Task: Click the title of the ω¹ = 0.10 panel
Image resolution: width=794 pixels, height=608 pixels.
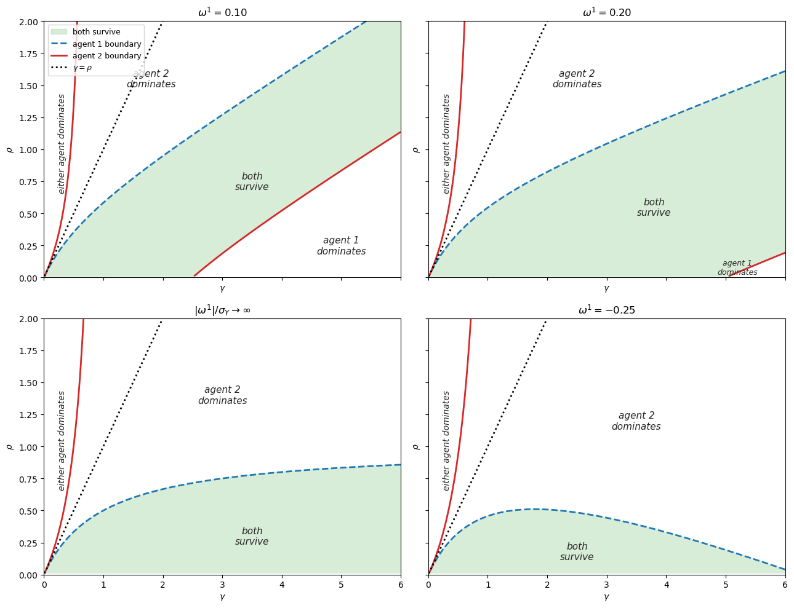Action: pyautogui.click(x=222, y=13)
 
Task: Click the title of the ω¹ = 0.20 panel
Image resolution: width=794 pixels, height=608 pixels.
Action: pyautogui.click(x=606, y=13)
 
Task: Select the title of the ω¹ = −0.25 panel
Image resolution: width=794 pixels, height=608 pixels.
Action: pyautogui.click(x=606, y=310)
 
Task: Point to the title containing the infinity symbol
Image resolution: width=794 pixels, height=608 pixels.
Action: pyautogui.click(x=222, y=310)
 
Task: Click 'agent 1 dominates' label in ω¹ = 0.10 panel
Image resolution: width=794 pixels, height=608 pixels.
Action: pyautogui.click(x=341, y=246)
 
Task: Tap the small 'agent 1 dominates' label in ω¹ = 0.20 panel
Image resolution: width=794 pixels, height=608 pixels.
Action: pyautogui.click(x=737, y=267)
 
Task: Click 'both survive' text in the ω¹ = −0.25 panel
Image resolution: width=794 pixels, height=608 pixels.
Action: pyautogui.click(x=577, y=551)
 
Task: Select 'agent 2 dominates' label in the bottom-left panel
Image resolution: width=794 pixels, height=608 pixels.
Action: pyautogui.click(x=222, y=395)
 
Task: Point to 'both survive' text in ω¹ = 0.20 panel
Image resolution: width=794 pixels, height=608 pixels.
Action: pyautogui.click(x=654, y=207)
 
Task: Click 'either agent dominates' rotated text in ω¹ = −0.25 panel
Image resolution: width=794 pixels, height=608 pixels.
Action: pyautogui.click(x=446, y=440)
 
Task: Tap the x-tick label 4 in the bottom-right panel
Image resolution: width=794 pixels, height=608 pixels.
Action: pyautogui.click(x=666, y=585)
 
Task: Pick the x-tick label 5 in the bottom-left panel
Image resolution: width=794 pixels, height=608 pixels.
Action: pyautogui.click(x=341, y=585)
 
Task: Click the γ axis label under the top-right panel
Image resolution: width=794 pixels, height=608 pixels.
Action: pyautogui.click(x=606, y=288)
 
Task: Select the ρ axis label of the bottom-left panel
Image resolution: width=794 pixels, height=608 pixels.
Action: pyautogui.click(x=9, y=446)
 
